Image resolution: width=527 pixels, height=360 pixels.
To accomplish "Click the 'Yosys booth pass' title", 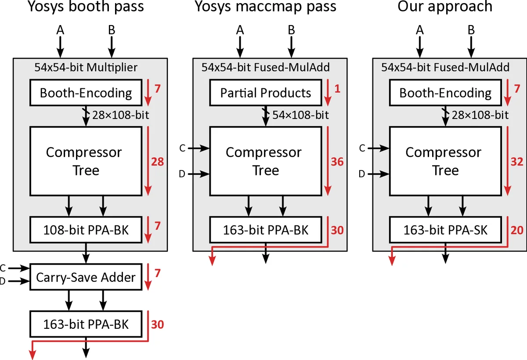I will coord(86,7).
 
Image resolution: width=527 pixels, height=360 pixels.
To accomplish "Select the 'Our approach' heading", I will coord(445,7).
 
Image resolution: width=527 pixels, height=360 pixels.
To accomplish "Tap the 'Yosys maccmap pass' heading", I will coord(265,7).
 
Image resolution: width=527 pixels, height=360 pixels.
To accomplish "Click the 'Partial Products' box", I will coord(266,93).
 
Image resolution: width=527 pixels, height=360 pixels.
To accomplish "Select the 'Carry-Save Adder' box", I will coord(86,277).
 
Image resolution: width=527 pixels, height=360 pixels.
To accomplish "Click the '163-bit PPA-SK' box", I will coord(445,229).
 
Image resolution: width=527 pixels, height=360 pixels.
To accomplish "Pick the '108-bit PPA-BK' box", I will coord(86,229).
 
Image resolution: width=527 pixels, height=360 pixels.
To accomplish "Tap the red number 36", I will coord(337,162).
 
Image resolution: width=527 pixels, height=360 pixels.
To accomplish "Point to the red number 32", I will coord(517,162).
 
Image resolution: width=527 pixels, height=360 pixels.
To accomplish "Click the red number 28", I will coord(157,162).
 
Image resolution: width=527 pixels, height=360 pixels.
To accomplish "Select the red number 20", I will coord(517,230).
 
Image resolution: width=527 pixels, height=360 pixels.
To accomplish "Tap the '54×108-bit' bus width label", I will coord(300,115).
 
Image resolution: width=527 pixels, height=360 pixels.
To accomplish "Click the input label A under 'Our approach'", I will coord(420,30).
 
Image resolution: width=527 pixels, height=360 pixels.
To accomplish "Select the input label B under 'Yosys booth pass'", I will coord(112,30).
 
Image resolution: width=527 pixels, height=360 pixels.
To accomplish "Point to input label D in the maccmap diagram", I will coord(182,175).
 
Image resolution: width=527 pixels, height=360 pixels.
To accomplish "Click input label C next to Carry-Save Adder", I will coord(3,268).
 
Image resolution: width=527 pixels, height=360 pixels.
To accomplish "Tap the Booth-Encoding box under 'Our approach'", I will coord(445,93).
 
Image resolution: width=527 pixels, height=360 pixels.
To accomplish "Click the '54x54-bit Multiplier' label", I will coord(86,67).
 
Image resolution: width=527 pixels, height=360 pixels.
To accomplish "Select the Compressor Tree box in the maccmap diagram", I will coord(266,161).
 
